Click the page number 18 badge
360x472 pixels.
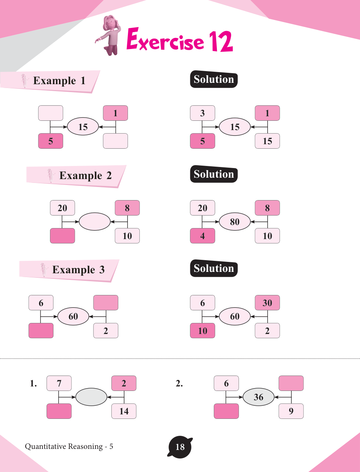point(180,447)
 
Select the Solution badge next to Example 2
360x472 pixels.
point(214,174)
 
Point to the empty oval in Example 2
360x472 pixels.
point(94,222)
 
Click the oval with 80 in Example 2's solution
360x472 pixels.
point(235,222)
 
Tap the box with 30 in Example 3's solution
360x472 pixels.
point(267,303)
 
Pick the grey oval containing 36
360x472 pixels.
point(259,397)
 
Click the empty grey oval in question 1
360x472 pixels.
point(91,397)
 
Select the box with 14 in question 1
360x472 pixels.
point(124,411)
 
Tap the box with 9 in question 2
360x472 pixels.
point(291,411)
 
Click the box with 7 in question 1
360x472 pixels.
point(59,383)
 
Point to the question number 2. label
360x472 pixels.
point(179,383)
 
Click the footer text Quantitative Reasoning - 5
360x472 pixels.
point(69,446)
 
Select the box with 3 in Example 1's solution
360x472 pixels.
point(202,113)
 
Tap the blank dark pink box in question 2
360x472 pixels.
point(226,411)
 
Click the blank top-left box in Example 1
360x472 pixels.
point(50,113)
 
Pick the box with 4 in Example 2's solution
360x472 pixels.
point(202,236)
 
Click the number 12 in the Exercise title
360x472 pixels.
point(221,41)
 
